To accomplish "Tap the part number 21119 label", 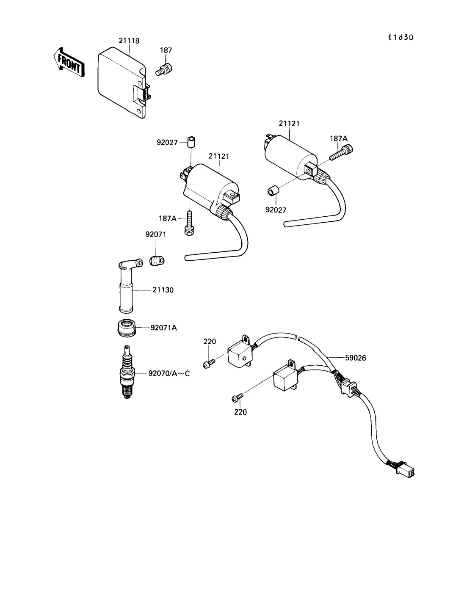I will click(129, 41).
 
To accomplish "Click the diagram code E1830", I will click(400, 37).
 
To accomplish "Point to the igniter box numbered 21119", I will click(121, 83).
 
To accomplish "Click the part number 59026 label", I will click(356, 358).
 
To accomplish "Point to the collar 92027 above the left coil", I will click(191, 141).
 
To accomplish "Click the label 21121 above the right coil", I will click(289, 124).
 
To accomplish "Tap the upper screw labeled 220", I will click(209, 363).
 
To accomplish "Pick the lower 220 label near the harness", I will click(240, 412).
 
